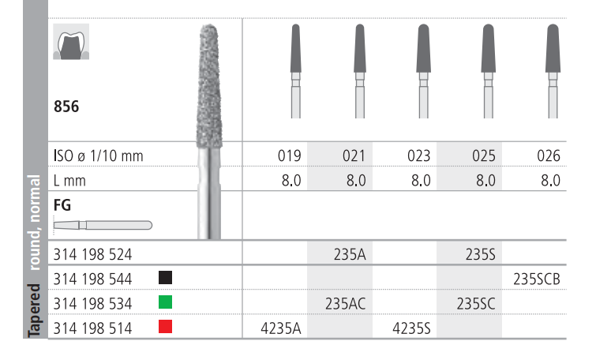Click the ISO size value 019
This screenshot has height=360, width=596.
pos(289,156)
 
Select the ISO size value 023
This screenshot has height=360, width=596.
pos(419,156)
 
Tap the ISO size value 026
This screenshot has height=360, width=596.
pos(549,156)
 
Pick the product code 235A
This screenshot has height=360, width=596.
pos(350,254)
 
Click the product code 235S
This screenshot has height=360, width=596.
pos(481,254)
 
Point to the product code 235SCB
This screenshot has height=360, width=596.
pos(537,279)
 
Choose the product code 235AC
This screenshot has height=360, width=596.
pos(345,304)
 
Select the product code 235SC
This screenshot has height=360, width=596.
pos(476,304)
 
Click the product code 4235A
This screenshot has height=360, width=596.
pos(281,328)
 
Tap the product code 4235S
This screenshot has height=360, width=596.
pos(411,328)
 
